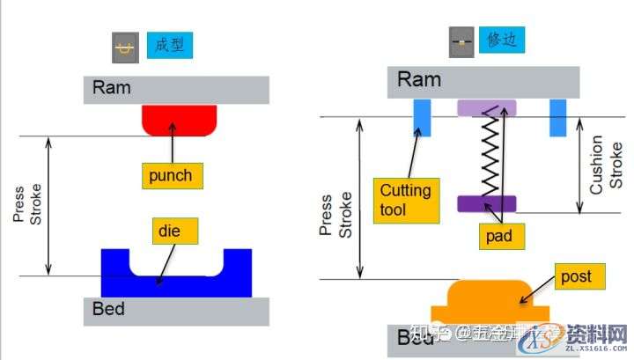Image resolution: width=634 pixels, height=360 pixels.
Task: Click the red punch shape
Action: [180, 120]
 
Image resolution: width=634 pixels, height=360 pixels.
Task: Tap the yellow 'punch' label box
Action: [170, 176]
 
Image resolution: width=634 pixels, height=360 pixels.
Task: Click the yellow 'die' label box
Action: [173, 231]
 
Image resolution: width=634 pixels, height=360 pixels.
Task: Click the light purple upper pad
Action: [486, 108]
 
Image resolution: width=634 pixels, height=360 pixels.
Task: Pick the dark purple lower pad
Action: [486, 203]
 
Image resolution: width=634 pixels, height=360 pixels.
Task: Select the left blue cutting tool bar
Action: [423, 118]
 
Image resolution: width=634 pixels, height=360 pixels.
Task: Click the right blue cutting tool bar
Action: [557, 118]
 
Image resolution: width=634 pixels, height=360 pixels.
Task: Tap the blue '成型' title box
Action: [170, 45]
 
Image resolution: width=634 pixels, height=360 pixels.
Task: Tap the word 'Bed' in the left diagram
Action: [108, 309]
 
